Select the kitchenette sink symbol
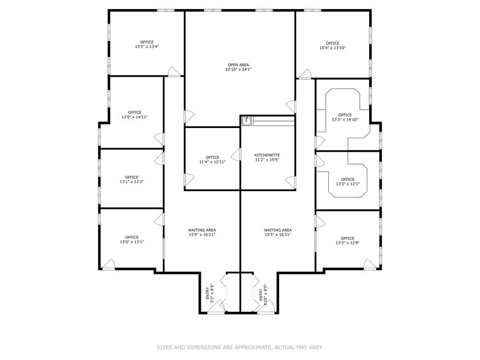point(246,121)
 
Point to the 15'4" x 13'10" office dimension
point(332,48)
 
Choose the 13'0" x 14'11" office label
point(135,114)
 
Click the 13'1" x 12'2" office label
point(132,179)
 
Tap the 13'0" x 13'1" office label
point(132,239)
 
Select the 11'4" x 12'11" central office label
point(212,160)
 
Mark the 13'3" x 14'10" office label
point(345,117)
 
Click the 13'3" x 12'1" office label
point(347,182)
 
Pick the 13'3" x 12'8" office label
point(347,241)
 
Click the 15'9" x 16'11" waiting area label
point(201,232)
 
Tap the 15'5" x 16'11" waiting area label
point(277,232)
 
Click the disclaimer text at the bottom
point(239,347)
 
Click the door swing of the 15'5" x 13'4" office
point(175,72)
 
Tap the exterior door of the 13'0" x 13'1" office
point(109,264)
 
